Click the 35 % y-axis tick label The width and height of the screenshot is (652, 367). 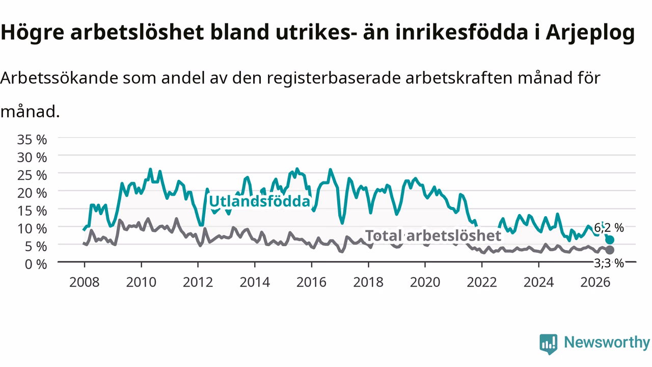(32, 140)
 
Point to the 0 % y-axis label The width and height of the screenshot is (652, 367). (36, 264)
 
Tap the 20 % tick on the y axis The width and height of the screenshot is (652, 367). (32, 193)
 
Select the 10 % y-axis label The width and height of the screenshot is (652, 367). (32, 229)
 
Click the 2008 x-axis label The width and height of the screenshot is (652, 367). (85, 282)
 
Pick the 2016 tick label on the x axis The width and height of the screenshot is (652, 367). (311, 282)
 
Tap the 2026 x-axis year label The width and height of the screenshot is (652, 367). (595, 282)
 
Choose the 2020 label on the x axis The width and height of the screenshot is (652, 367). (425, 282)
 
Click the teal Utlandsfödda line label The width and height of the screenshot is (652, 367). (260, 201)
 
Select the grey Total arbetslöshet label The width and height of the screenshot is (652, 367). (433, 235)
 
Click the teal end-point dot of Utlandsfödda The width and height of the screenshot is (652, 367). (610, 240)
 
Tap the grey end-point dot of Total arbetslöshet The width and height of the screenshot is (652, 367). (610, 250)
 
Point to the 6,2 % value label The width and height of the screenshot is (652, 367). (609, 227)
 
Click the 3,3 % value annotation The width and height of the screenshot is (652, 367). (609, 264)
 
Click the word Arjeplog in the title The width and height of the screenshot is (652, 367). (590, 33)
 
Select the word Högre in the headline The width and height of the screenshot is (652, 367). (32, 33)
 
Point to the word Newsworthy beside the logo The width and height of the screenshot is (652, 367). (607, 343)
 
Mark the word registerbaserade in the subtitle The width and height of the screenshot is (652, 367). (334, 78)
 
